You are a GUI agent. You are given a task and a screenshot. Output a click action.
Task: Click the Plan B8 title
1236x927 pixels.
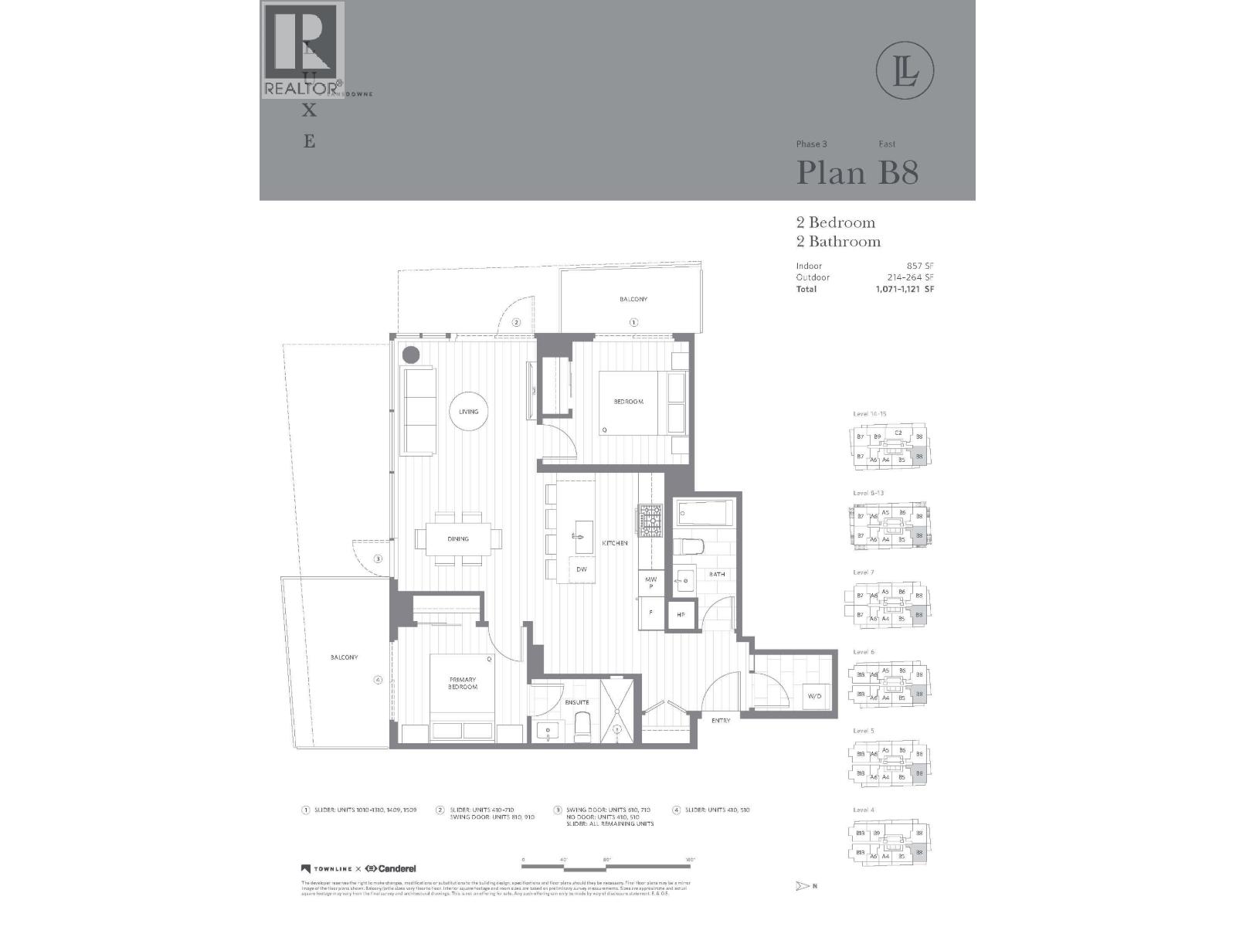click(857, 172)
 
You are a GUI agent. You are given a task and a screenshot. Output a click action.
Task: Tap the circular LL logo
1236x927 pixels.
click(905, 70)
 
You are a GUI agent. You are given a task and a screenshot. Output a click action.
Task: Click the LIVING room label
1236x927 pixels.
click(468, 412)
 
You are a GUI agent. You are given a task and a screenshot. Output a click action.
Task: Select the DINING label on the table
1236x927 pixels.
click(458, 539)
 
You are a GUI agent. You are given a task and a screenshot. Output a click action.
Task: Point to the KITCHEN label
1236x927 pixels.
click(615, 544)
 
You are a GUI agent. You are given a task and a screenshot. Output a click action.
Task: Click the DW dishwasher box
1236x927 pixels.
click(582, 569)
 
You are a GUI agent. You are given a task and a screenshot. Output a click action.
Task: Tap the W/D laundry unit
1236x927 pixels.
click(815, 696)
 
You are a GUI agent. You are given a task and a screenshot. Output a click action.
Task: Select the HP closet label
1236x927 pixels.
click(681, 615)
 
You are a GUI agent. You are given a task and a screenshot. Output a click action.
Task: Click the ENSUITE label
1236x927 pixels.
click(576, 702)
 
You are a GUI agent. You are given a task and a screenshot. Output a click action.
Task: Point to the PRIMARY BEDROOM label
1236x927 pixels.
click(463, 684)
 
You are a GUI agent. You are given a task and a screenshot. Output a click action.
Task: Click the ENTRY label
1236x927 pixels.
click(721, 721)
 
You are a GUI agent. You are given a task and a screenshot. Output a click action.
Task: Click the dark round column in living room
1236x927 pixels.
click(411, 355)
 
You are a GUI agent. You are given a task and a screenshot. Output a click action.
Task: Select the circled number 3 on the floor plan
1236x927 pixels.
click(378, 559)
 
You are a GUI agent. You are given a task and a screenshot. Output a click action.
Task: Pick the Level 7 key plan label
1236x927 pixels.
click(864, 572)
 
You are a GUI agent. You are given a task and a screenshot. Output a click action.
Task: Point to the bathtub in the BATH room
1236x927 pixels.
click(705, 513)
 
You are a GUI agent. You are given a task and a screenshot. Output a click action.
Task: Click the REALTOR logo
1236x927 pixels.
click(303, 50)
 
